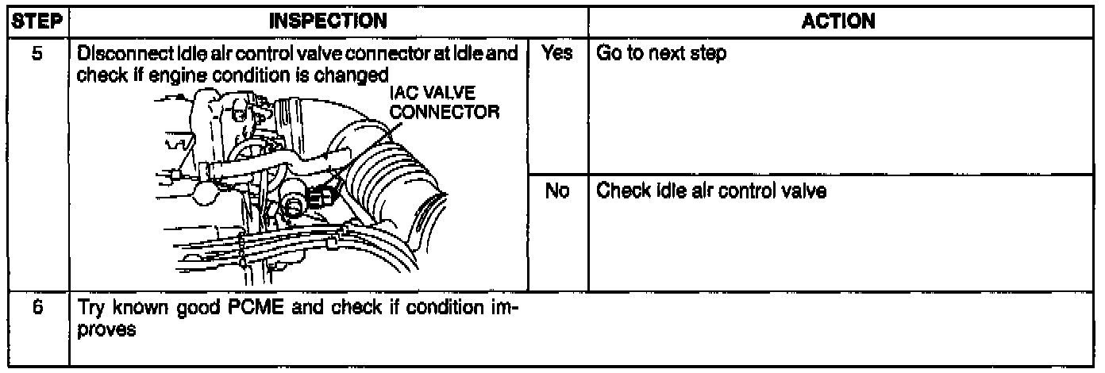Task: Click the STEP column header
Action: pos(35,22)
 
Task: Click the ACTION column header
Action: pos(844,22)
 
